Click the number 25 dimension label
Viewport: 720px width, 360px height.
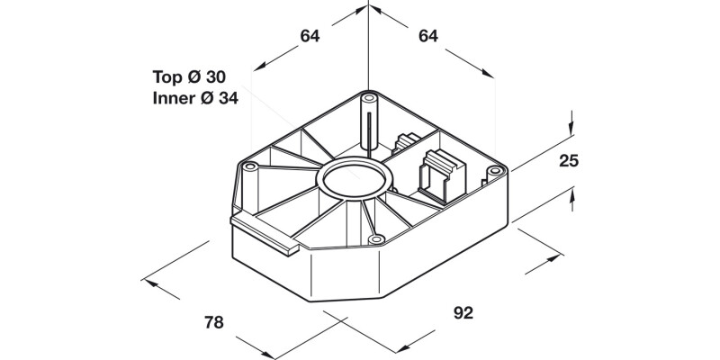[568, 162]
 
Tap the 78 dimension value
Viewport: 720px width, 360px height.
[214, 320]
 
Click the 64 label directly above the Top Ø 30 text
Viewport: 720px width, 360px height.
[310, 36]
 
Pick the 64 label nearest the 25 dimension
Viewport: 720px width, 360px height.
[427, 36]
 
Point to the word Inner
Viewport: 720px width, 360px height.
[174, 98]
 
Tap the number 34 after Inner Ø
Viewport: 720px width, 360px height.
[228, 98]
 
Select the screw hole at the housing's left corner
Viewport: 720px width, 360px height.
[250, 166]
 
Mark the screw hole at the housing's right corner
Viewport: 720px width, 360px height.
[493, 169]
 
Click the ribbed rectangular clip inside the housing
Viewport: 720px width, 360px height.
[436, 173]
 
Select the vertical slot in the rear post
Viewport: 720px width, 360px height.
[369, 126]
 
